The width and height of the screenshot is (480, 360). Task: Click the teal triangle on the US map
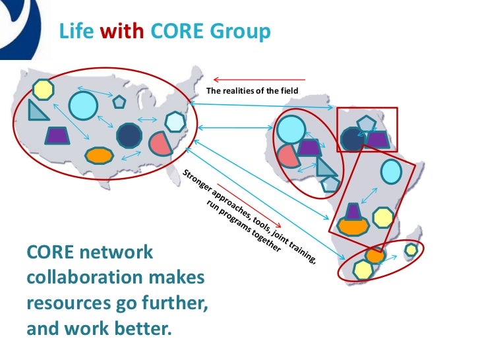tap(38, 110)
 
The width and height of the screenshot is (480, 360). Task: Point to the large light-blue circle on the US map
tap(83, 105)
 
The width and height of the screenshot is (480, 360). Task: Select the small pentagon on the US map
tap(119, 102)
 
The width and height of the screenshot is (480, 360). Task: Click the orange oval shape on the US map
tap(99, 156)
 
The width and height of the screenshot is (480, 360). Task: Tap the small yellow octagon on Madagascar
tap(411, 250)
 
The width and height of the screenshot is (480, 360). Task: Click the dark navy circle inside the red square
tap(353, 139)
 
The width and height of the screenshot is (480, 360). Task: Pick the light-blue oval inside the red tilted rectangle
tap(390, 171)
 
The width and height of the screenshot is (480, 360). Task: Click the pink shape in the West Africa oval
tap(286, 156)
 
